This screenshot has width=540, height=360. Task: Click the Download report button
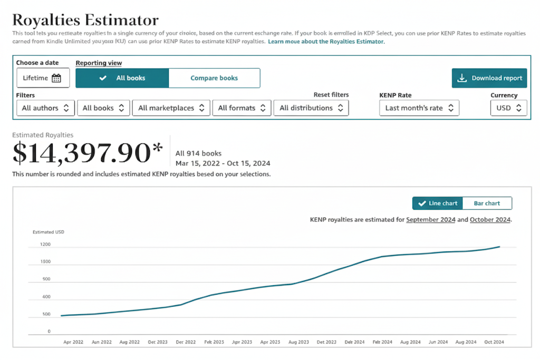point(489,78)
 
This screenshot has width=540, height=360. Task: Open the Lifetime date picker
point(43,78)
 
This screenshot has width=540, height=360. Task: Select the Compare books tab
point(214,78)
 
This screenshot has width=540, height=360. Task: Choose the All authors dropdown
point(45,108)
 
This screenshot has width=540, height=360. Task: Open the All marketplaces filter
point(171,108)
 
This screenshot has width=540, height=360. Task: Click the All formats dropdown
point(242,108)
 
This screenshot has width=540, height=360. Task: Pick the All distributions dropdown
point(311,108)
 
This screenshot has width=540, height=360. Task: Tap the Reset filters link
point(331,95)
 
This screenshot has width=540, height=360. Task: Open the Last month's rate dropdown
point(419,108)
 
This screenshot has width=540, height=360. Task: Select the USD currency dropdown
point(508,108)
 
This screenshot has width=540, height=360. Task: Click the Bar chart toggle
point(487,203)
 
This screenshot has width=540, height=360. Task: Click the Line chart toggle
point(438,203)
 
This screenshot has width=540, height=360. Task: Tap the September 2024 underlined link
point(430,220)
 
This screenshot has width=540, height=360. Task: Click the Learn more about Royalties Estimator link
point(326,41)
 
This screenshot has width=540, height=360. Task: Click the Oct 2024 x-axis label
point(494,342)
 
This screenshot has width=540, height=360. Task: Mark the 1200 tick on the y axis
point(45,245)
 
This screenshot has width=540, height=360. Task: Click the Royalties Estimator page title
point(85,20)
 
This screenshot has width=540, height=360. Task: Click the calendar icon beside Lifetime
point(56,78)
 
